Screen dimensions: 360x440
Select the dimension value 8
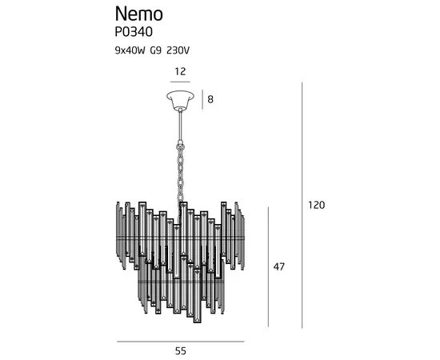[x=211, y=99]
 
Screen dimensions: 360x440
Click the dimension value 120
[x=317, y=205]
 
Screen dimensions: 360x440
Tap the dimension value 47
[x=279, y=266]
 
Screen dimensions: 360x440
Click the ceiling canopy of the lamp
[x=180, y=101]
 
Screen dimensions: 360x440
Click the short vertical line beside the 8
[x=201, y=99]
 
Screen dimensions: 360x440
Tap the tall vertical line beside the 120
[x=302, y=205]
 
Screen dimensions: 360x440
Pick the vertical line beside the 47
[x=267, y=266]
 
